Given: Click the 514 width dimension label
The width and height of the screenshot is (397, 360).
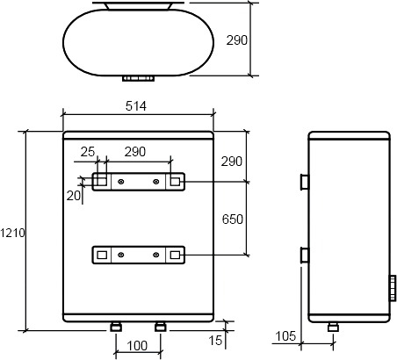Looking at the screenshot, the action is [136, 106].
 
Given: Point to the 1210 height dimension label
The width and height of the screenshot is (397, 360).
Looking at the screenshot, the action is [12, 233].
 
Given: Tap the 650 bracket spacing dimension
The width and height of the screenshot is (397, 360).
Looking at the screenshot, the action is [233, 220].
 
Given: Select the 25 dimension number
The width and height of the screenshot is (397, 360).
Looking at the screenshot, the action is [88, 152].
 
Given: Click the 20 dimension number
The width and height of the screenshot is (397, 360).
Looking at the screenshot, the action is [74, 196].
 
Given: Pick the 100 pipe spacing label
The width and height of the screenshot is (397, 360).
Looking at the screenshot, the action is [137, 346].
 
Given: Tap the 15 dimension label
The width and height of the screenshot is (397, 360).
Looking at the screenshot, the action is [215, 341].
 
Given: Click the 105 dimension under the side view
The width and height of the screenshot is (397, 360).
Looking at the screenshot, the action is [285, 336].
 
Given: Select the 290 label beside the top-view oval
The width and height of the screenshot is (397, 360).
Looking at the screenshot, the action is [237, 40].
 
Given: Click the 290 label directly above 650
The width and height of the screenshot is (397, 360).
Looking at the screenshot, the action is [232, 162].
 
